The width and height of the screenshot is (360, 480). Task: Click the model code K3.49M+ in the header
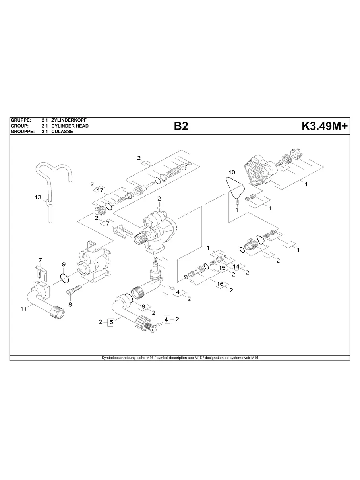[325, 126]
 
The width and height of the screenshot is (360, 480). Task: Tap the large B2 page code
[180, 126]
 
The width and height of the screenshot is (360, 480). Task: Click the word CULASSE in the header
[62, 132]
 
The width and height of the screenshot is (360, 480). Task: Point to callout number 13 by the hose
[38, 197]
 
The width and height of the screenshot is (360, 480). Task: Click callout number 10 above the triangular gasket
[232, 172]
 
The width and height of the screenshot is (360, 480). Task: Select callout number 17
[100, 190]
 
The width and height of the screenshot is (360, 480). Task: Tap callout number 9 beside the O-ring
[63, 264]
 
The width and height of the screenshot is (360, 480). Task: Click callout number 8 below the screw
[70, 305]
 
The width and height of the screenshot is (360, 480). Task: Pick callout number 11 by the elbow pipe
[23, 308]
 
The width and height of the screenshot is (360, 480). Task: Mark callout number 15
[222, 268]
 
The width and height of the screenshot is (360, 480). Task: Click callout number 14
[236, 266]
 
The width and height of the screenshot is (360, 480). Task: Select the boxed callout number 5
[112, 322]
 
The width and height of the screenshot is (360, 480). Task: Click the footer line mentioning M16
[180, 358]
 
